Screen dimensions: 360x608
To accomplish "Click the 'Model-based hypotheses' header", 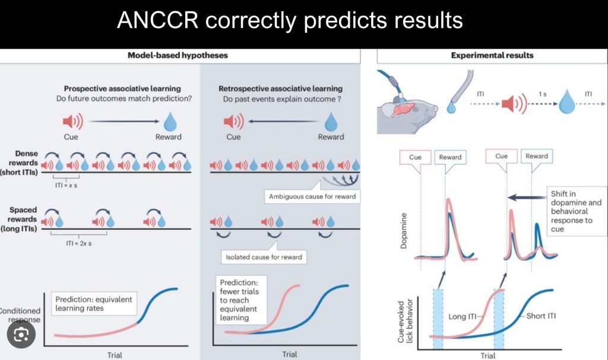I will pyautogui.click(x=178, y=55).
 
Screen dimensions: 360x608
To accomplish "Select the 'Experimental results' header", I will pyautogui.click(x=492, y=55).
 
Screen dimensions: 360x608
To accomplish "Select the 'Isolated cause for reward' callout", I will pyautogui.click(x=264, y=257).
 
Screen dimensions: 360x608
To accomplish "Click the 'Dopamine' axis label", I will pyautogui.click(x=404, y=235).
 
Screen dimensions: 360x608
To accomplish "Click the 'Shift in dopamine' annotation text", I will pyautogui.click(x=574, y=211).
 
